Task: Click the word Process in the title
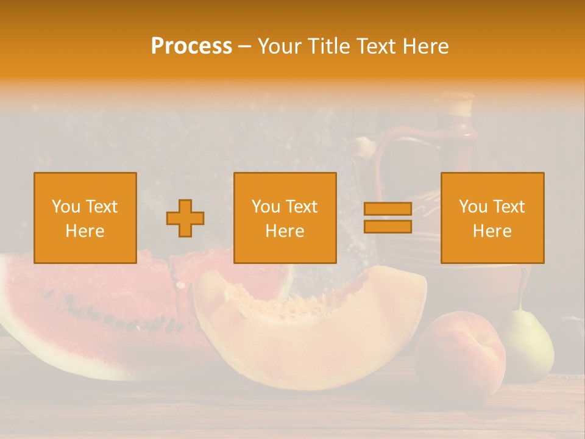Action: (x=191, y=46)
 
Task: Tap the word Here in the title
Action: (x=424, y=46)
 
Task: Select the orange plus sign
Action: (x=185, y=218)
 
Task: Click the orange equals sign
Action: (x=388, y=218)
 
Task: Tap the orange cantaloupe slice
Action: (x=311, y=329)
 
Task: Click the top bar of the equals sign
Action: (x=388, y=209)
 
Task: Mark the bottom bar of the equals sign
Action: (x=388, y=226)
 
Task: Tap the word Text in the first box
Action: (x=101, y=207)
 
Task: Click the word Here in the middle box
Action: (x=285, y=231)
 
